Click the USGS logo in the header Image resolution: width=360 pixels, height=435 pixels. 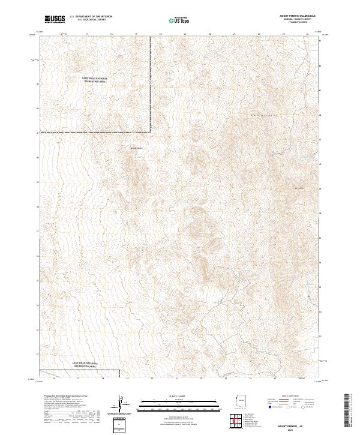click(x=55, y=19)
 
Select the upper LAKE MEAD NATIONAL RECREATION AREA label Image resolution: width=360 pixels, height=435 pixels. click(x=93, y=80)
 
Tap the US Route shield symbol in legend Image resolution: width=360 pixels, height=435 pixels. click(x=293, y=407)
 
